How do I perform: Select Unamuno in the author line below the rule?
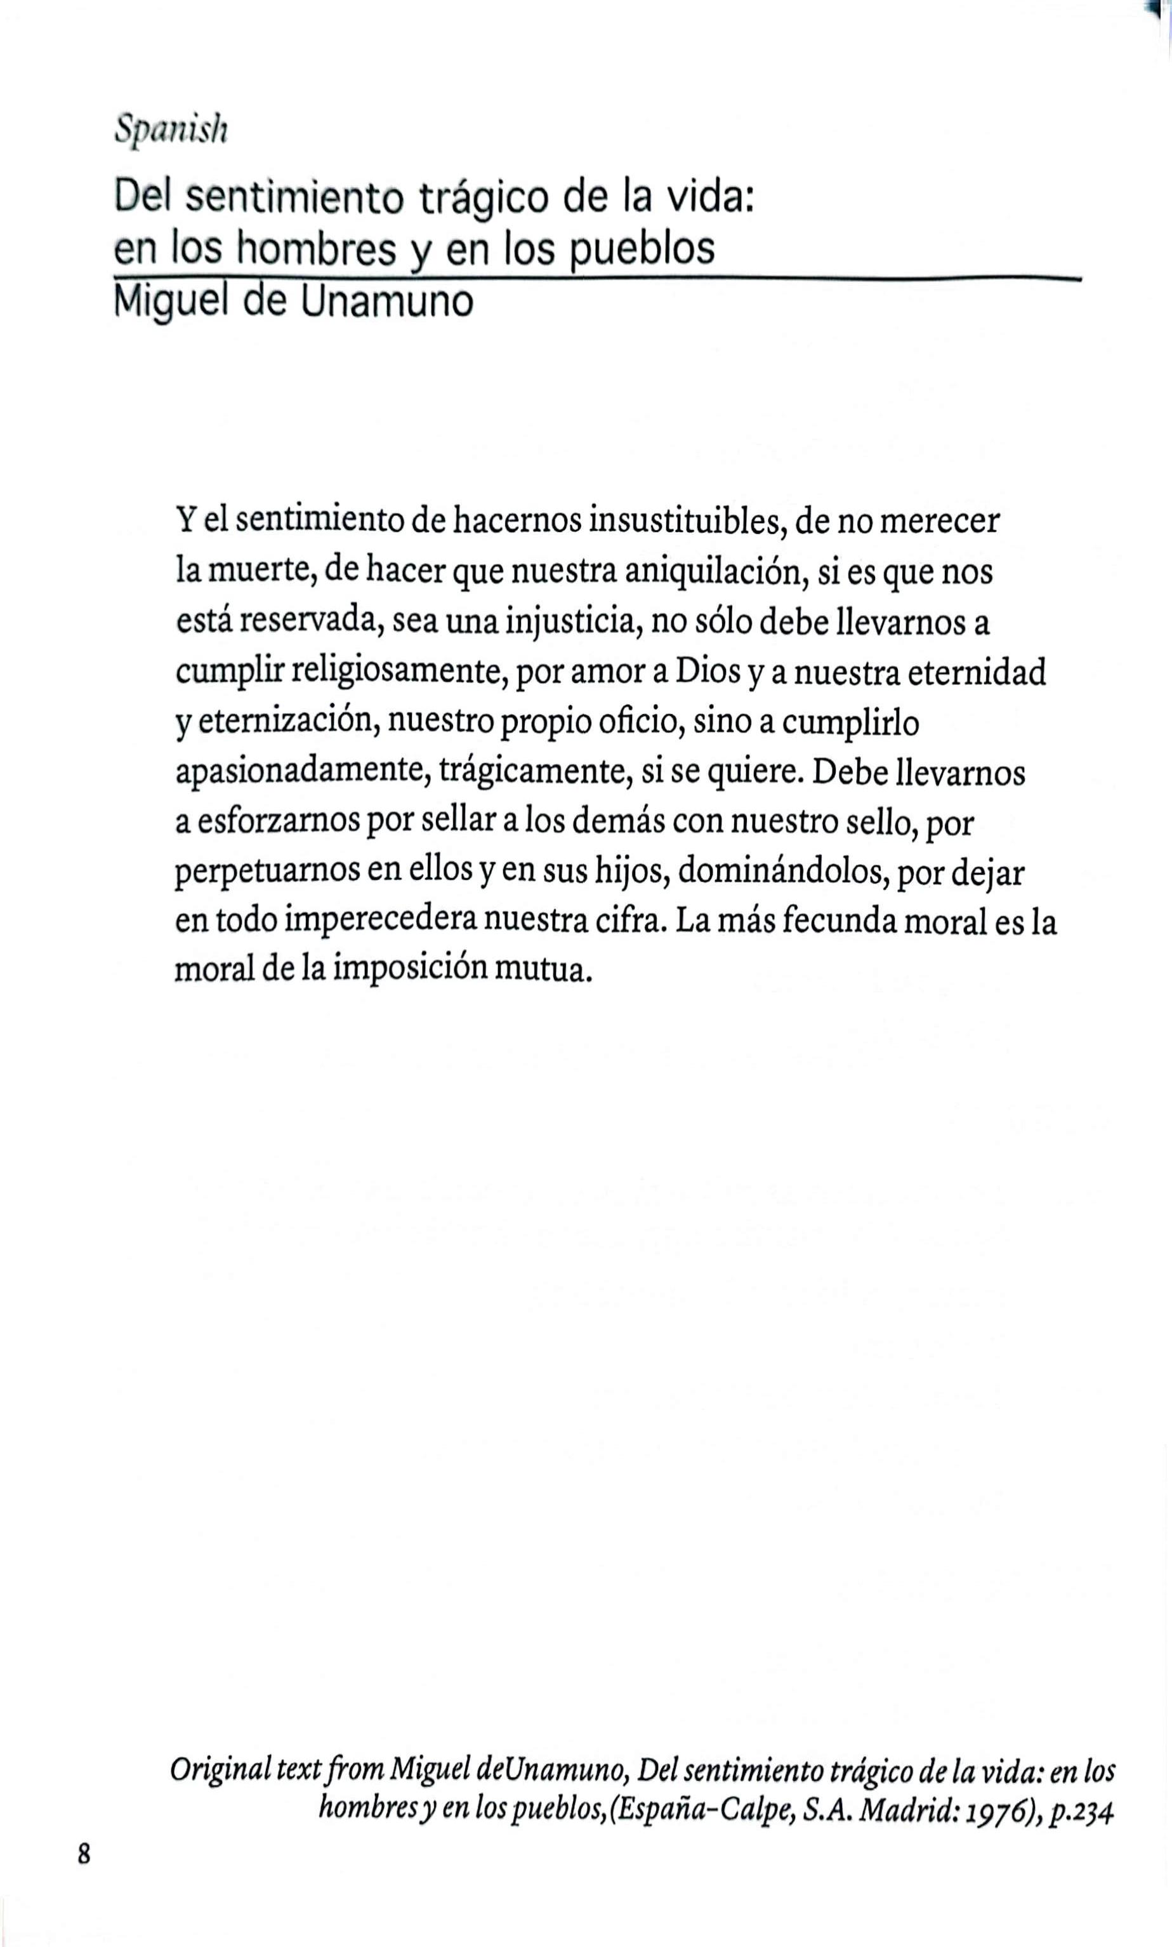[387, 302]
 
